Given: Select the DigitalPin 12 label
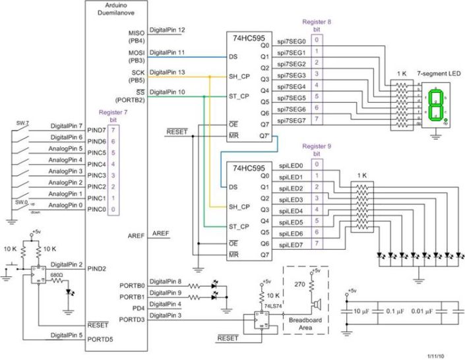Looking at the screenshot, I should (x=168, y=30).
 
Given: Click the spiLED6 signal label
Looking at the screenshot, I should (x=290, y=233).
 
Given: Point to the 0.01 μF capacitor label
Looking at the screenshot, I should (x=424, y=311).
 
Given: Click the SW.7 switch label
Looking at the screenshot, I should (x=22, y=122).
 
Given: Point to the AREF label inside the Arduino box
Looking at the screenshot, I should (x=135, y=235).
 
